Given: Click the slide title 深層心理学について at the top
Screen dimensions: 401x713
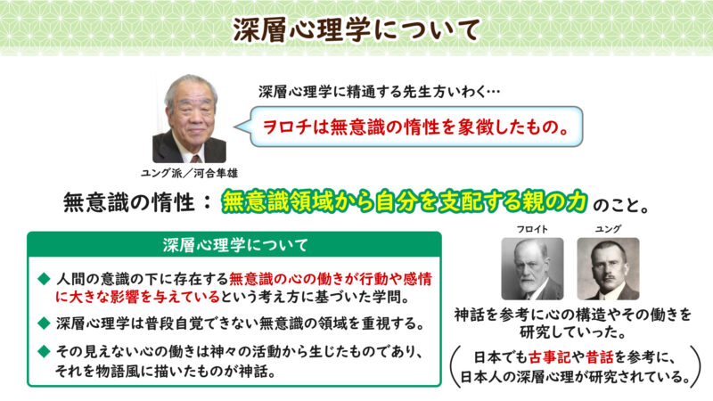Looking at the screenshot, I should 356,28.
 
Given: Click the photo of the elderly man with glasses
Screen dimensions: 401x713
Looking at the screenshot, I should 189,119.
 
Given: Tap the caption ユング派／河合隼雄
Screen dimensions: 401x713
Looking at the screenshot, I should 189,171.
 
